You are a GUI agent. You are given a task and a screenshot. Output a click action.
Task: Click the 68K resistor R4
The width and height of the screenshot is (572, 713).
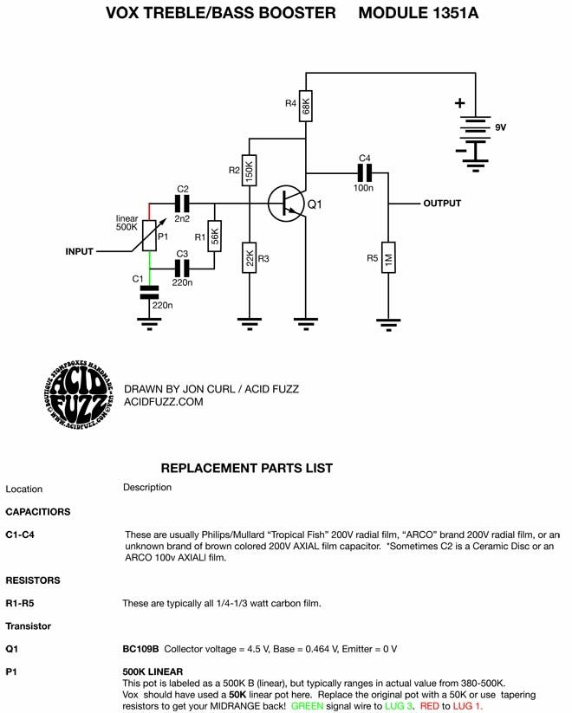pos(306,106)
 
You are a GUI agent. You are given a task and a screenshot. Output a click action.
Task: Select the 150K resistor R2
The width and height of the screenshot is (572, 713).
pos(250,170)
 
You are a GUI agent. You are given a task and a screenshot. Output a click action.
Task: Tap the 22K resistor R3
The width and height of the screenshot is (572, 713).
pos(250,257)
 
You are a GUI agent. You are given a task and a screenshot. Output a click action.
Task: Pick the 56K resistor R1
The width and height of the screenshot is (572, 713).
pos(214,236)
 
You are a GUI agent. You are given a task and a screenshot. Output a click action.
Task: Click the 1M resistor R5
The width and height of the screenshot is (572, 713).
pos(388,257)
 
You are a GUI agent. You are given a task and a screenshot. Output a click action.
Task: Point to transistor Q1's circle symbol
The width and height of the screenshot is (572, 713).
pos(286,204)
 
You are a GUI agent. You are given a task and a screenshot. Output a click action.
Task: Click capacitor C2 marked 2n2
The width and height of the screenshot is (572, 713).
pos(182,204)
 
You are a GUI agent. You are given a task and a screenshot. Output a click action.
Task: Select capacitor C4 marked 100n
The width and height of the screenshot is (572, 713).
pos(364,172)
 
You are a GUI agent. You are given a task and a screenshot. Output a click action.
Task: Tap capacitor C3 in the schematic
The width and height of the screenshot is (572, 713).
pos(182,269)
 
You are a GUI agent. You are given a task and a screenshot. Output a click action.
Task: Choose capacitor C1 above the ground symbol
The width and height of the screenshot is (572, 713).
pos(149,292)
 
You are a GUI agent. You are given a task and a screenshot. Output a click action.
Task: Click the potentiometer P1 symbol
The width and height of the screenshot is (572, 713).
pos(149,236)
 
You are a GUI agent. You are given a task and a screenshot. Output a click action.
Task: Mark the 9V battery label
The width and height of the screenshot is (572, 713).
pos(501,127)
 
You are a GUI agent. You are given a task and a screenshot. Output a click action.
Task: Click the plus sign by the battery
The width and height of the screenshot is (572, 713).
pos(459,103)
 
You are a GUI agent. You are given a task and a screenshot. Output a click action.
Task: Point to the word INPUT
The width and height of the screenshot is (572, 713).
pos(79,251)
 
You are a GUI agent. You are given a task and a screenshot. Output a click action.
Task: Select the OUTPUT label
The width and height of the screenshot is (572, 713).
pos(442,204)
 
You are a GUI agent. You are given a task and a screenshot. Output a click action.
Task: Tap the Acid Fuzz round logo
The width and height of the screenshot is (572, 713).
pos(79,394)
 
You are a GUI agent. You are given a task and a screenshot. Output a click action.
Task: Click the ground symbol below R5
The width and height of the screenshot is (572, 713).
pos(388,325)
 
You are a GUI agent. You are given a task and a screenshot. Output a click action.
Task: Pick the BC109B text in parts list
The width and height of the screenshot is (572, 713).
pos(140,649)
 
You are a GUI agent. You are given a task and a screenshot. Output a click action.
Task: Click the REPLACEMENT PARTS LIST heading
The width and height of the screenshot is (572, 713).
pos(247,468)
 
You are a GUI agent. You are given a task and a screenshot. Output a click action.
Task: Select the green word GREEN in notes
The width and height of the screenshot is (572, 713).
pos(307,706)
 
